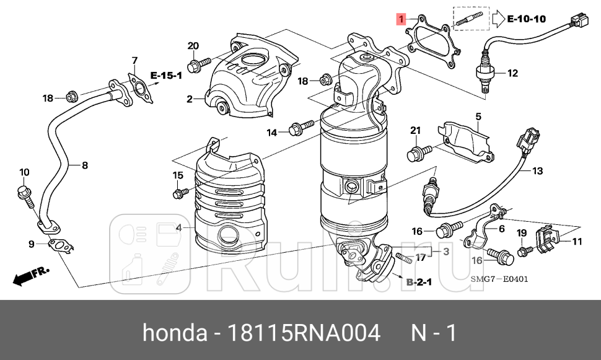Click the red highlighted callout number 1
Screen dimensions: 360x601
coord(401,19)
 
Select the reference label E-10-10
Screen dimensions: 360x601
coord(526,19)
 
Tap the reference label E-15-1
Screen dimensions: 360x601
coord(165,76)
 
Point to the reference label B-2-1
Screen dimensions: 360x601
coord(419,282)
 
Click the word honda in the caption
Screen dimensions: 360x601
coord(175,333)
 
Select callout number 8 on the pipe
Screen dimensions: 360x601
coord(85,165)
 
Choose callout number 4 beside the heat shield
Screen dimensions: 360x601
coord(178,227)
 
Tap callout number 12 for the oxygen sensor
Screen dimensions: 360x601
coord(512,73)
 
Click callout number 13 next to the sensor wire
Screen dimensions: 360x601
coord(537,170)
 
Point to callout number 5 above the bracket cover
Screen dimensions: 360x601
coord(478,116)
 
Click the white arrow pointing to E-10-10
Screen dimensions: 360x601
coord(498,19)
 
